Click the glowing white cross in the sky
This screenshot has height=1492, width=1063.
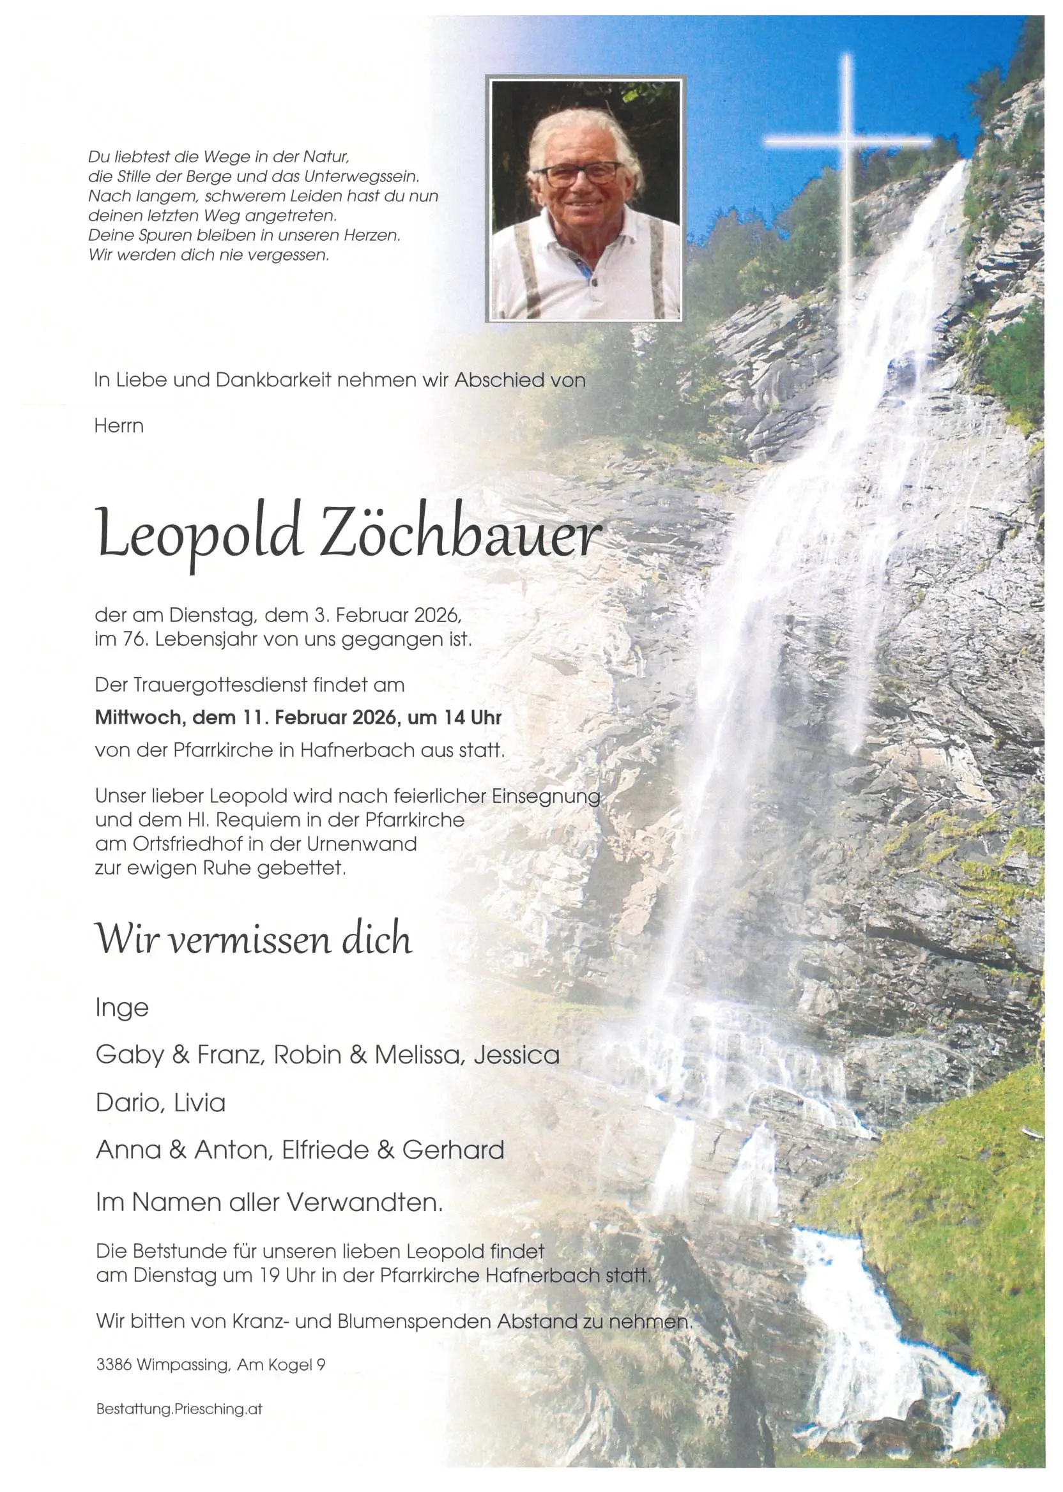pyautogui.click(x=847, y=140)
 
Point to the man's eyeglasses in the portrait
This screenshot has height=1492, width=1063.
pyautogui.click(x=577, y=174)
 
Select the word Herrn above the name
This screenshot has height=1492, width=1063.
pyautogui.click(x=118, y=426)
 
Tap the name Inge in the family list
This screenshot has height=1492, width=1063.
pyautogui.click(x=123, y=1007)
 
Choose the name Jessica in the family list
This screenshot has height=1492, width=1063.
pyautogui.click(x=517, y=1056)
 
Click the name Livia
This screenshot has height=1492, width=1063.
pyautogui.click(x=201, y=1103)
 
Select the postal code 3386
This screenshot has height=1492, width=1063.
pyautogui.click(x=114, y=1365)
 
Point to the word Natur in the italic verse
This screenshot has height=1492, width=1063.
pyautogui.click(x=325, y=157)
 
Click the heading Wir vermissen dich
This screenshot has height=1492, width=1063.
pyautogui.click(x=254, y=939)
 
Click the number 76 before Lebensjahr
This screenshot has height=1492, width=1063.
pyautogui.click(x=128, y=639)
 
